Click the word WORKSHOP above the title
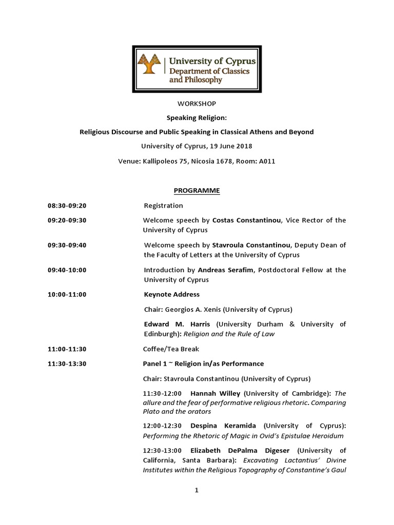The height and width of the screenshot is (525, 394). [x=196, y=104]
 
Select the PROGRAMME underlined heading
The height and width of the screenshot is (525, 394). [x=196, y=191]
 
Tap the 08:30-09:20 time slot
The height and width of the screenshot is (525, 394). [x=67, y=206]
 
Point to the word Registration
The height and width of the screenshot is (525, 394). [x=163, y=206]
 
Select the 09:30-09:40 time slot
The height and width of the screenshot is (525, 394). [x=67, y=245]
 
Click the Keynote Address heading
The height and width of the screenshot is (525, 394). [x=171, y=294]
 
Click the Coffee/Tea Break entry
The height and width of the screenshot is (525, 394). [x=171, y=349]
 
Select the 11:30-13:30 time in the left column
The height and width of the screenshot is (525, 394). [x=67, y=364]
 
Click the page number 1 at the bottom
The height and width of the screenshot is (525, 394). [x=196, y=490]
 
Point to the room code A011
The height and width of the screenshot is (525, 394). [x=267, y=161]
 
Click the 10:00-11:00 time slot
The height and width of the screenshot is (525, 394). [x=67, y=294]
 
